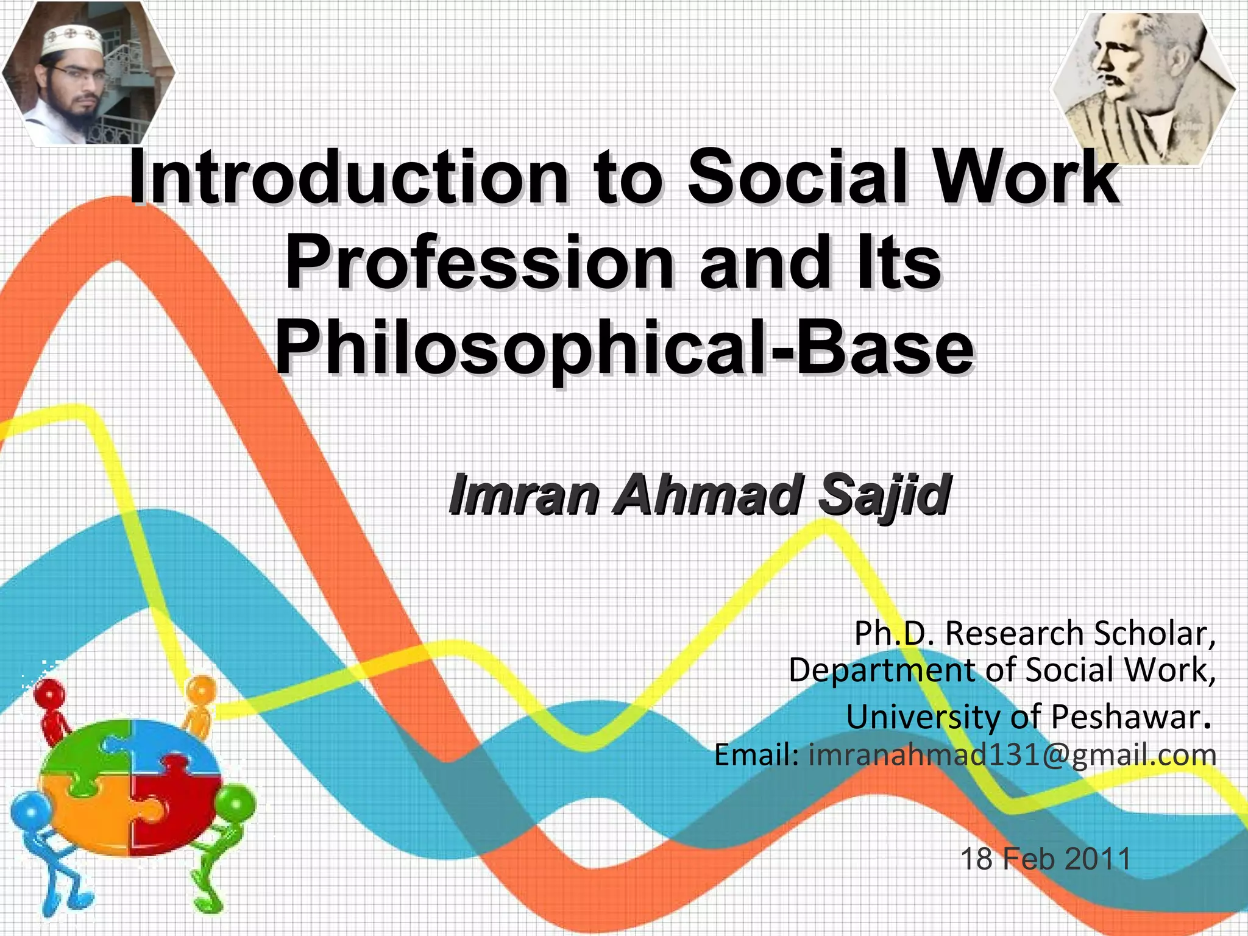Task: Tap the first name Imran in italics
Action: [x=523, y=495]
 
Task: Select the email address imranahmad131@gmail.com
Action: [x=1012, y=755]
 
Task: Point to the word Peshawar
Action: [x=1125, y=717]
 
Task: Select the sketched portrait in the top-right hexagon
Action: [x=1143, y=89]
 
